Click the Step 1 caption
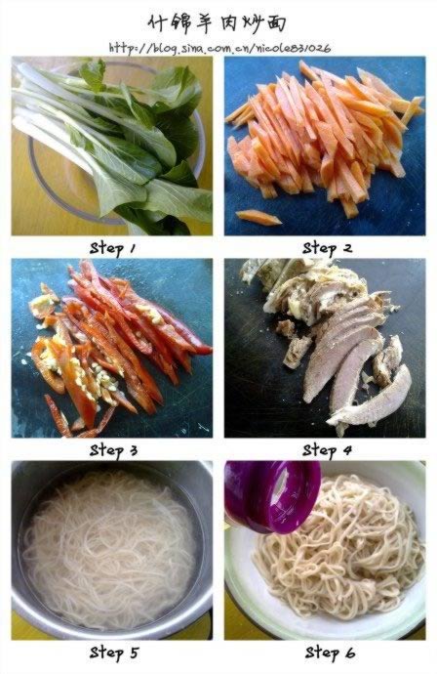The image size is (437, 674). [112, 249]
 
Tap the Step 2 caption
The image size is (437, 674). [327, 248]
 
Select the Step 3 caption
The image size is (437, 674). [113, 450]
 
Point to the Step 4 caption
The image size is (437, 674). [327, 450]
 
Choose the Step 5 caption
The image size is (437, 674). [114, 653]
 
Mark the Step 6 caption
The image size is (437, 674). [330, 653]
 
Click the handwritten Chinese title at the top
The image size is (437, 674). [217, 22]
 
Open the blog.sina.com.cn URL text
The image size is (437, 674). [219, 48]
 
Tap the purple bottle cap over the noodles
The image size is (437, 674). [272, 496]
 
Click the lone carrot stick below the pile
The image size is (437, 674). [258, 218]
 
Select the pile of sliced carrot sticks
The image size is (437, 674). [323, 137]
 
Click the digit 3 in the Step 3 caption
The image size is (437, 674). [133, 450]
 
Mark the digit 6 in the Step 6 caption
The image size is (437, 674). [350, 653]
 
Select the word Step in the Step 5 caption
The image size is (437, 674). [105, 653]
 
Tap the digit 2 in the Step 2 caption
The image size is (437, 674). [347, 248]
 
